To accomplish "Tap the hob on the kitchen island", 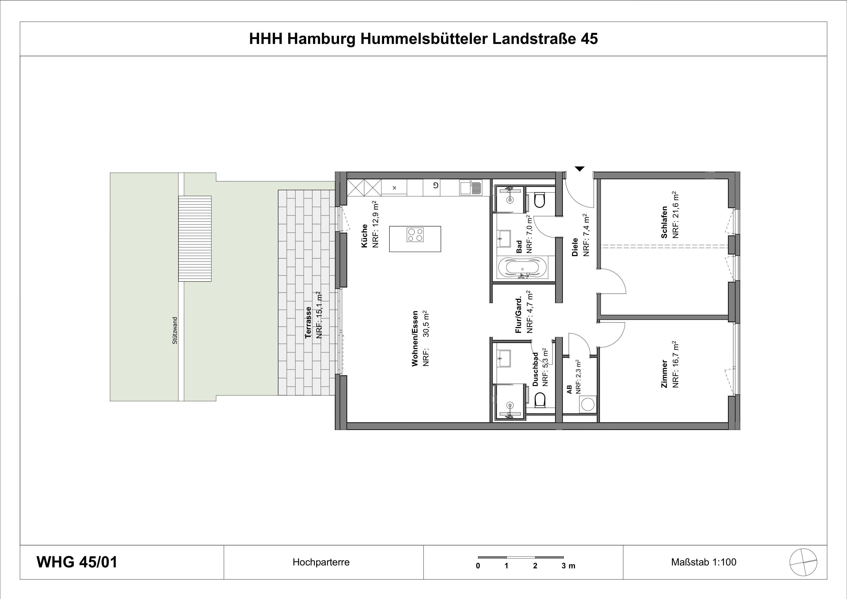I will [415, 235].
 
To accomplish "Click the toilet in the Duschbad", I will [540, 400].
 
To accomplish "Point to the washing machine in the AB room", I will [588, 404].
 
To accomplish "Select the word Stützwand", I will [175, 331].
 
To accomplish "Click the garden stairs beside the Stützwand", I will [195, 238].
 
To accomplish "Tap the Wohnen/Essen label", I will [415, 338].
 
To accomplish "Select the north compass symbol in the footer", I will [803, 562].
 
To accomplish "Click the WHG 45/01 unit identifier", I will [77, 562].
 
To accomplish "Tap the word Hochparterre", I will [321, 562].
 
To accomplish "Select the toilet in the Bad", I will [539, 200].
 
